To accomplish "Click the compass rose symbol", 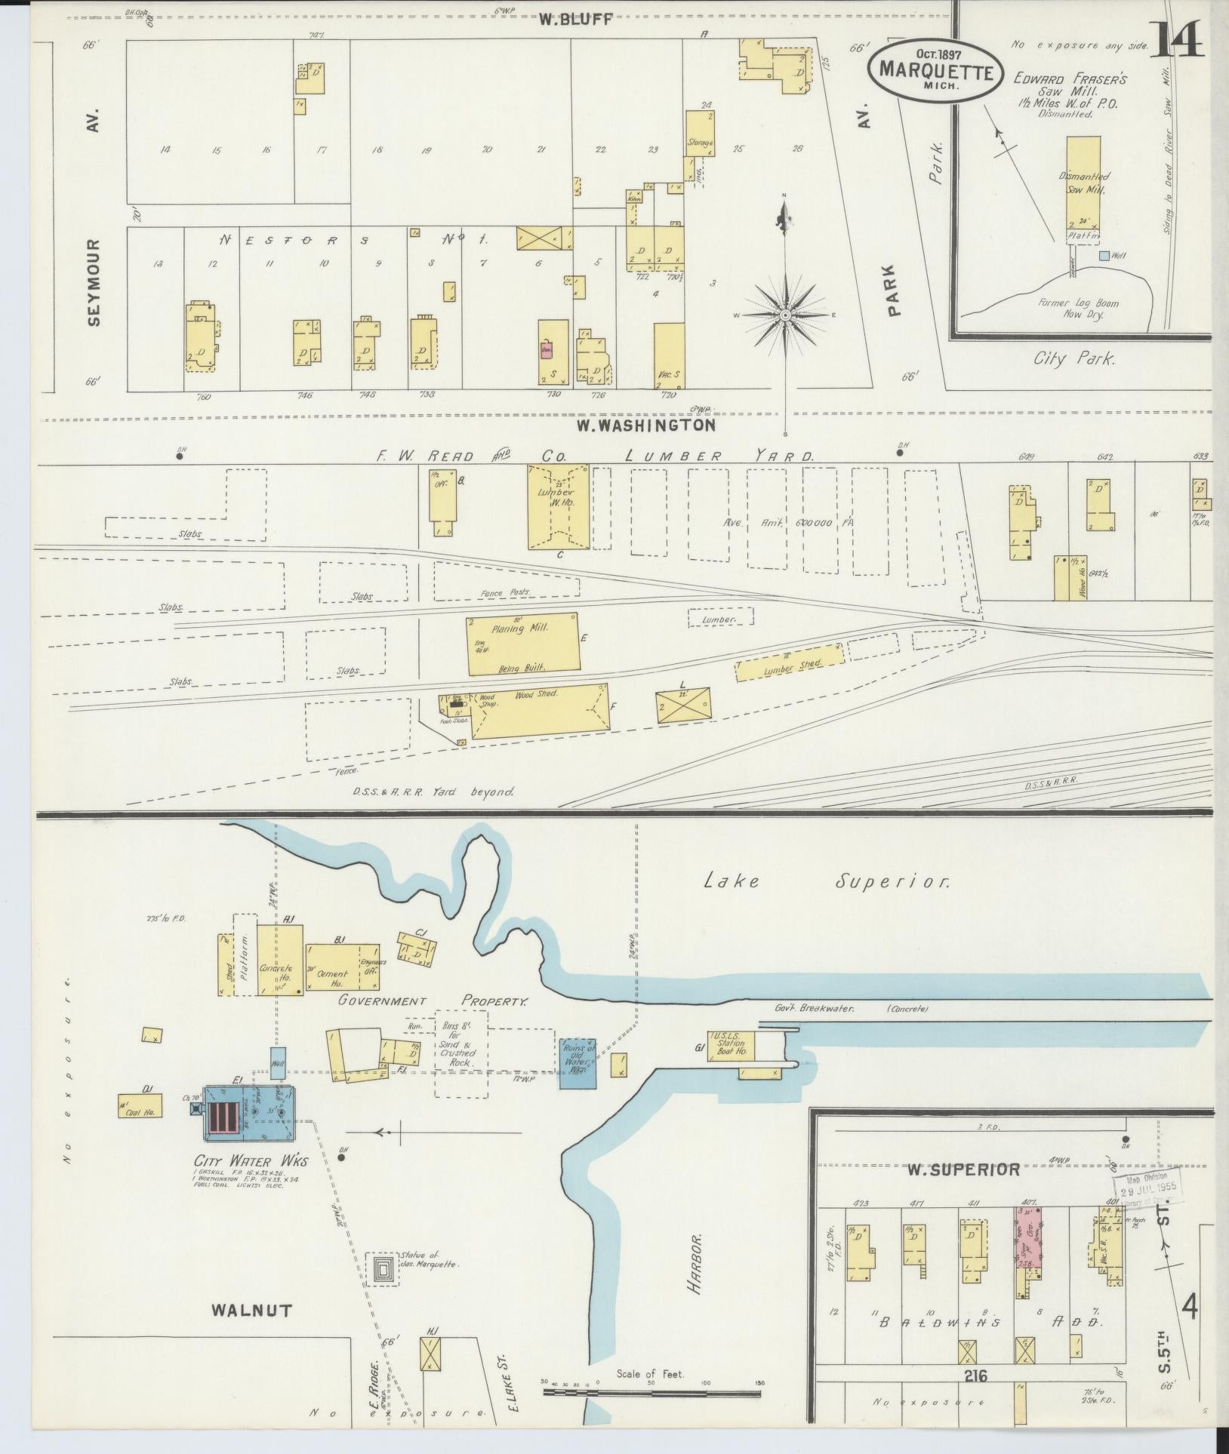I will click(x=785, y=315).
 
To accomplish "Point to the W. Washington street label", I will click(x=645, y=426).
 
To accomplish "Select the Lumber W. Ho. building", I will click(x=558, y=506).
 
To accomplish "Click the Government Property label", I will click(x=433, y=1001).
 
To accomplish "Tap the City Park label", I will click(x=1073, y=358).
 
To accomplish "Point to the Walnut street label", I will click(x=251, y=1310).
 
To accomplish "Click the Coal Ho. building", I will click(x=140, y=1105).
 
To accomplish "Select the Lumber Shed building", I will click(x=790, y=662).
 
